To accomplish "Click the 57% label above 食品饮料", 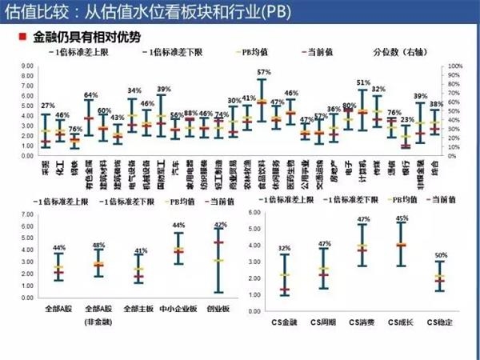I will point(262,71).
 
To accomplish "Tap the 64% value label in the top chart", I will point(90,95).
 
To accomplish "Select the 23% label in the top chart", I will point(406,119).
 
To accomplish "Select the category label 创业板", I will point(217,307).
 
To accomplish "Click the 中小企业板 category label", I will point(178,307).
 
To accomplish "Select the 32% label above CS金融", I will point(285,248).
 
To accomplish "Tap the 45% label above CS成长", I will point(402,218).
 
